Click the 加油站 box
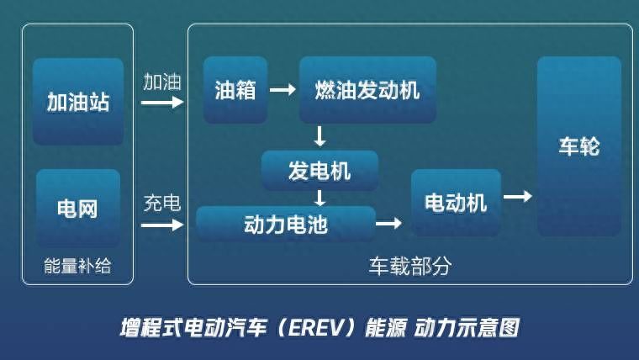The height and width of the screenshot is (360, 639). coord(78,102)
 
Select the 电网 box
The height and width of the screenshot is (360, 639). coord(78,208)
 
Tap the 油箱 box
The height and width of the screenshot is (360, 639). coord(235,90)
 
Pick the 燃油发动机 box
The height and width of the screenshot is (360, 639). coord(367,90)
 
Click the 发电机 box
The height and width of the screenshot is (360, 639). coord(319,171)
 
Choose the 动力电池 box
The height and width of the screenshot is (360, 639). coord(286,224)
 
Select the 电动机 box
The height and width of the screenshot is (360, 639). coord(456,203)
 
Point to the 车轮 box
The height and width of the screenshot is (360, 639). coord(579,146)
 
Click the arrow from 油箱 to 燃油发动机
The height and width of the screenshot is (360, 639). coord(283,89)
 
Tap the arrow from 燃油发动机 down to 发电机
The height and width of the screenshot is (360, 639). coord(319,136)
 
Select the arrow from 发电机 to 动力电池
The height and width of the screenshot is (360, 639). coord(319,199)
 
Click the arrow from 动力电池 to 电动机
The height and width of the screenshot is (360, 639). coord(388,223)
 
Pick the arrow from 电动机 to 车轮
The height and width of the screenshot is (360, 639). coord(518,197)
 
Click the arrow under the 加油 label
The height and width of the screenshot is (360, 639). coord(162,102)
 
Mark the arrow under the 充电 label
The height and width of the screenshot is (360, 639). coord(162,225)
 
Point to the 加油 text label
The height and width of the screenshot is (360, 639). coord(162,82)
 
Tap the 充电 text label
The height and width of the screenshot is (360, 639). coord(162,203)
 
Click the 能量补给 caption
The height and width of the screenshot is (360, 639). coord(77,266)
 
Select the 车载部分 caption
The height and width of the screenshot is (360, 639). coord(410,266)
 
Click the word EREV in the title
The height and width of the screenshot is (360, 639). coord(316,328)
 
